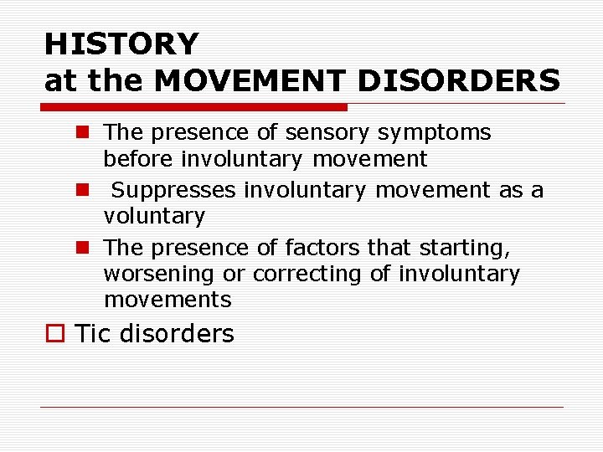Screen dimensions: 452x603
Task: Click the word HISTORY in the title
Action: coord(121,43)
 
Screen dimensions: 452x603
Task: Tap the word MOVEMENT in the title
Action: coord(250,80)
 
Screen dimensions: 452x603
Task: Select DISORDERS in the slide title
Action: coord(458,80)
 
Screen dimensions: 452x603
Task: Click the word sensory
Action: coord(328,132)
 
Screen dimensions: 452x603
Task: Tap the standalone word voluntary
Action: coord(154,216)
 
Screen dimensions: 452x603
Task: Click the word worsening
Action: coord(159,274)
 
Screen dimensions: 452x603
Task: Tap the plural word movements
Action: coord(167,300)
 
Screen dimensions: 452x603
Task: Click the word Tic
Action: coord(93,334)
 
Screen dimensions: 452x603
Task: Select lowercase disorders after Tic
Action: coord(178,334)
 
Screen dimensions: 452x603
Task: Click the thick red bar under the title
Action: coord(194,107)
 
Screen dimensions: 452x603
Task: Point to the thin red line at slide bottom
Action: coord(301,407)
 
